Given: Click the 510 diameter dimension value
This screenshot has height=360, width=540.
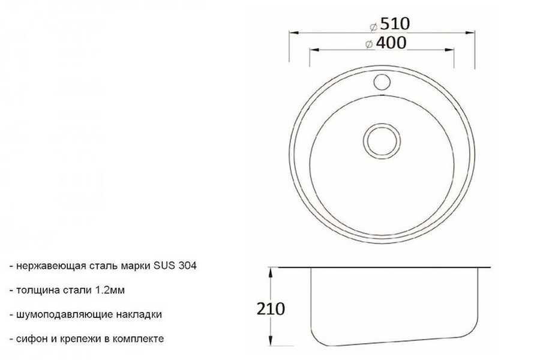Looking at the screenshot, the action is click(x=395, y=24).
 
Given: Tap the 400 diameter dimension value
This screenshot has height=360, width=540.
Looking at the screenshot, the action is click(x=391, y=43).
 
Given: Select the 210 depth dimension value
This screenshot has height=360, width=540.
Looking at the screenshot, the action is click(x=271, y=308).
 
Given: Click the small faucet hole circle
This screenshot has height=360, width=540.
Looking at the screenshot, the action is click(x=382, y=82).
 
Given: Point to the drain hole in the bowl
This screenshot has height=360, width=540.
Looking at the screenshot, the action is click(x=382, y=140).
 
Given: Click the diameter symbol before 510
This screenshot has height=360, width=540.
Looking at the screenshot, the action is click(x=374, y=26).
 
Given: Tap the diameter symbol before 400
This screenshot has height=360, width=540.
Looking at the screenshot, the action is click(x=369, y=44).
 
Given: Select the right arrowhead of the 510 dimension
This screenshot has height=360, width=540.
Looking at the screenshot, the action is click(x=470, y=33).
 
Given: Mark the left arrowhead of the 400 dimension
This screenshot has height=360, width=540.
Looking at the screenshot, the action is click(x=314, y=50).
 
